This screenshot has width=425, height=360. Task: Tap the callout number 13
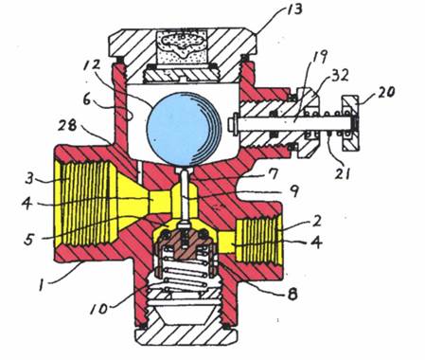coord(293,9)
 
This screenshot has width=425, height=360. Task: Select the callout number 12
coord(92,66)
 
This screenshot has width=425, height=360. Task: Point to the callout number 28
coord(67,126)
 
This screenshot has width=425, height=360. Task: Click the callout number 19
coord(320,57)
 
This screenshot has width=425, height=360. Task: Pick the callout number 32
coord(340,76)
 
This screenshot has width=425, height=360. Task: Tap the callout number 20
coord(385,92)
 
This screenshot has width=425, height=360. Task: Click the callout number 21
coord(343,173)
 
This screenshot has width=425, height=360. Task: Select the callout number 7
coord(274,174)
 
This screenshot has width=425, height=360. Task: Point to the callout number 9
coord(293,190)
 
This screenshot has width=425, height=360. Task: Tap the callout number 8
coord(292,294)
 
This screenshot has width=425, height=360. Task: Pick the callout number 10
coord(99,309)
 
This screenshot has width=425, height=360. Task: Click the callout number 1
coord(41,286)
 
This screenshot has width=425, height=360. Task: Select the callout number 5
coord(28,240)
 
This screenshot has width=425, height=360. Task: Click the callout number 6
coord(87,100)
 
